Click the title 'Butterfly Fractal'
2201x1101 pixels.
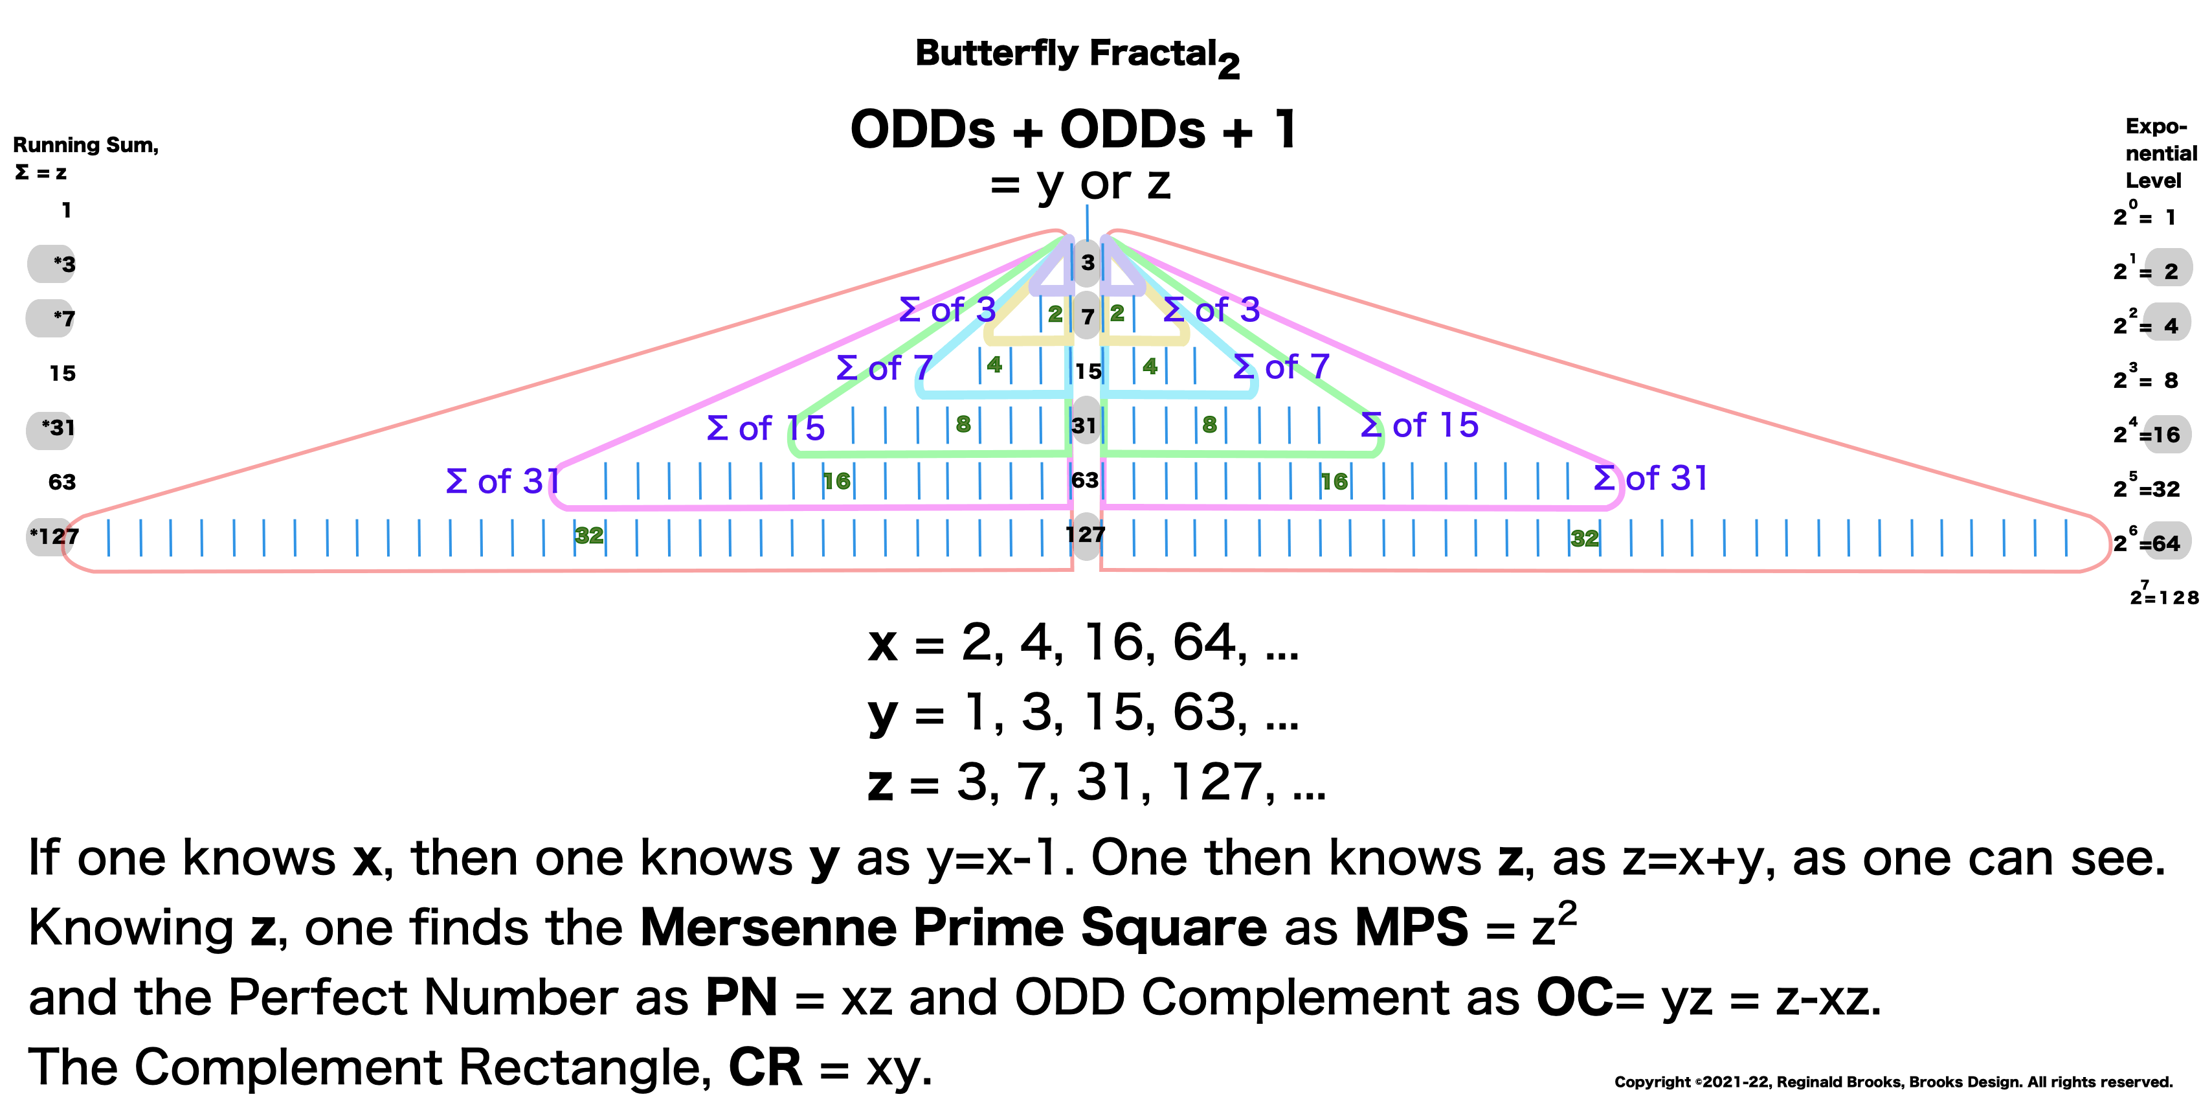click(x=1066, y=53)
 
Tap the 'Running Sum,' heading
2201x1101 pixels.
click(x=85, y=145)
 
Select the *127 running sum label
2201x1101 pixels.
click(x=54, y=537)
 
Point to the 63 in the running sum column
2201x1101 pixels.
click(x=61, y=482)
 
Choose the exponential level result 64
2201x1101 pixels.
click(x=2166, y=543)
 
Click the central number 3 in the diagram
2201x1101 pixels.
click(x=1087, y=262)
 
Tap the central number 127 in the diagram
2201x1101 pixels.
click(x=1085, y=535)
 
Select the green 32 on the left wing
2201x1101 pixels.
click(x=588, y=536)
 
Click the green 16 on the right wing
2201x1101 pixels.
click(x=1333, y=482)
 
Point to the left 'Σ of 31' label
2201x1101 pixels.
click(x=502, y=481)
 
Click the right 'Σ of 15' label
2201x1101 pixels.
click(x=1419, y=425)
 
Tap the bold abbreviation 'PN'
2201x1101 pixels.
click(x=741, y=997)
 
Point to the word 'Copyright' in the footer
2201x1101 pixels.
click(x=1651, y=1082)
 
